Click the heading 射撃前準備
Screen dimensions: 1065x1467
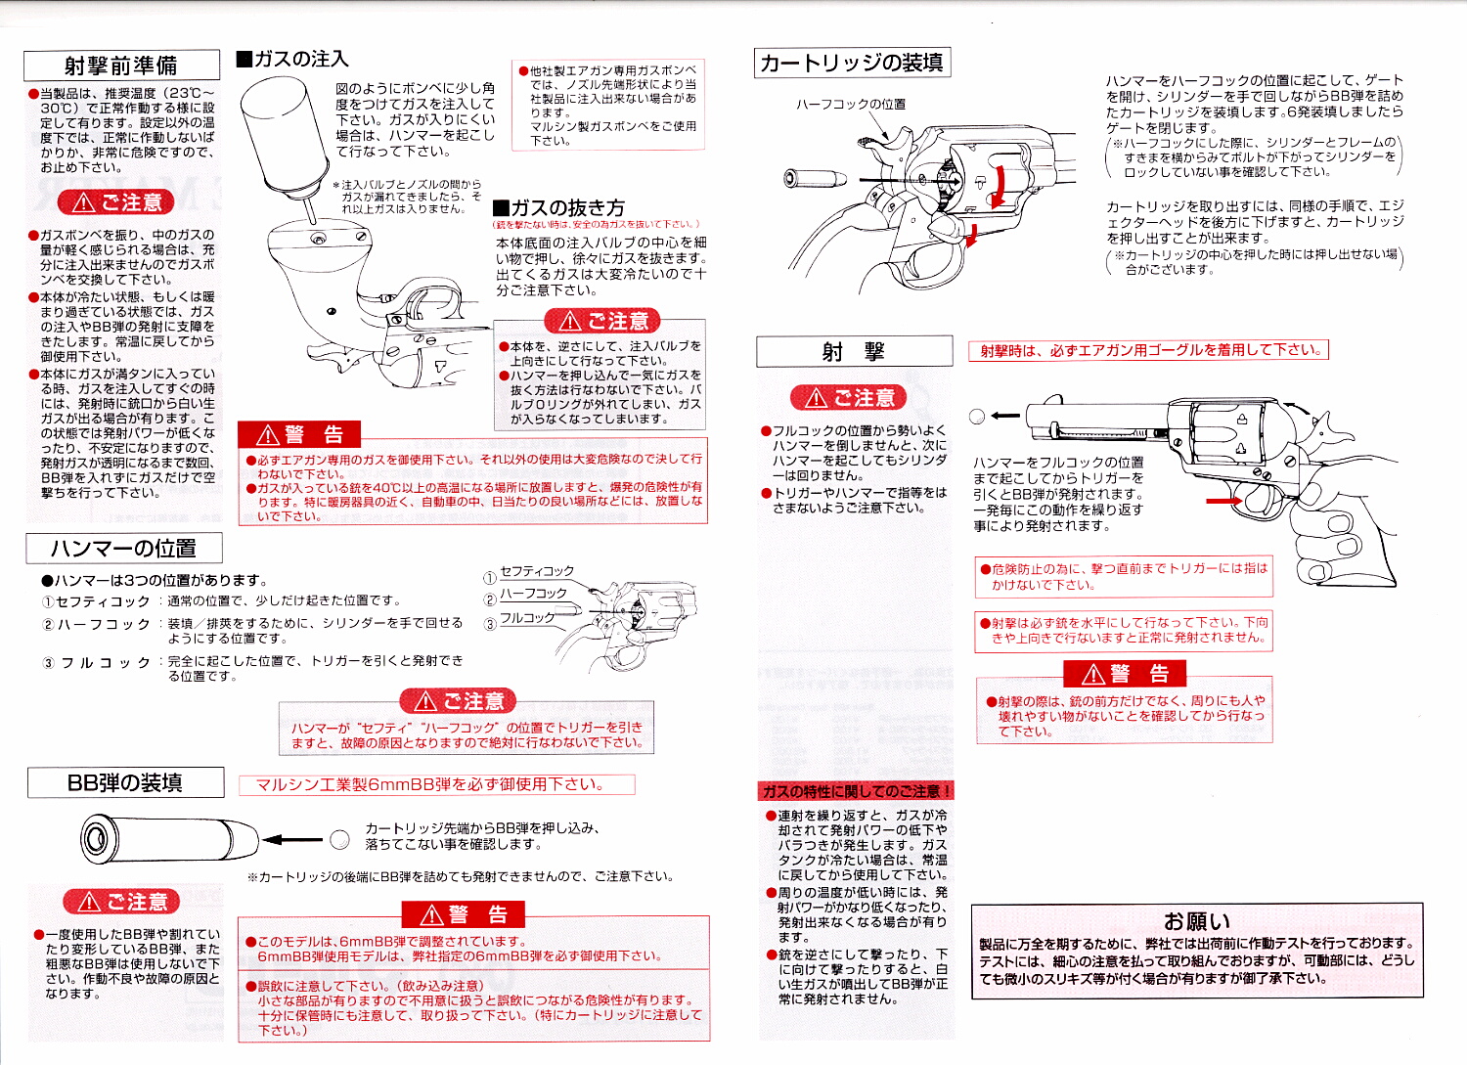(x=121, y=66)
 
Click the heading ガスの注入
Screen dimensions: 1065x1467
(x=292, y=60)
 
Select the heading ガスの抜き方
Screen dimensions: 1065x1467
(x=558, y=207)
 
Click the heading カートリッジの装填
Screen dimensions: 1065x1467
(x=852, y=63)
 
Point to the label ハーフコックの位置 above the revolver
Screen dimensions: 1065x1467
(x=850, y=104)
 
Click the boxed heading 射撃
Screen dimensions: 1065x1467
(x=854, y=351)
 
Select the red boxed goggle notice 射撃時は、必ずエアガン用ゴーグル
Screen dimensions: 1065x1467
(x=1148, y=350)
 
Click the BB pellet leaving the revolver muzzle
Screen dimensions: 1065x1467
(x=976, y=417)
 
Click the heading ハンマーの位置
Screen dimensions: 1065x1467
(x=123, y=548)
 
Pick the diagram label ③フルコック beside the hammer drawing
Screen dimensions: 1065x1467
(x=520, y=618)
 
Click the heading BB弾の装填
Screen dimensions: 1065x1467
(x=125, y=782)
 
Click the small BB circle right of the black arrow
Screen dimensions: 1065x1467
(x=339, y=839)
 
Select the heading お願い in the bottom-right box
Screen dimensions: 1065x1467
(x=1196, y=921)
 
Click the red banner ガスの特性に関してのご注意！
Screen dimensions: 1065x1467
(x=856, y=791)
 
